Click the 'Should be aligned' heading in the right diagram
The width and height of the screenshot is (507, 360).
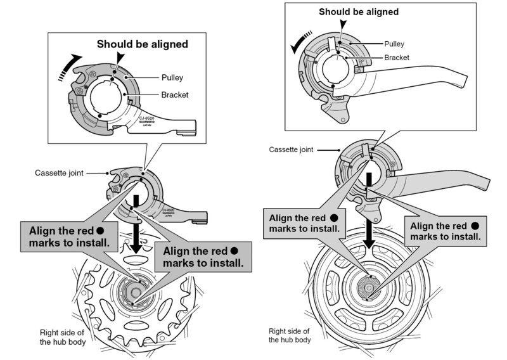tap(358, 11)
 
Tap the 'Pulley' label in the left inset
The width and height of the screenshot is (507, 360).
tap(172, 78)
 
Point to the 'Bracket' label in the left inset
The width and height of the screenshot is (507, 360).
tap(174, 94)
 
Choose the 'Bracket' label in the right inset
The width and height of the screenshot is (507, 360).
tap(396, 58)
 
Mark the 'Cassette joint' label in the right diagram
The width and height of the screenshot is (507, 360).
tap(292, 150)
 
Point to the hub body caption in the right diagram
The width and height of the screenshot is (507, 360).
tap(290, 335)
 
